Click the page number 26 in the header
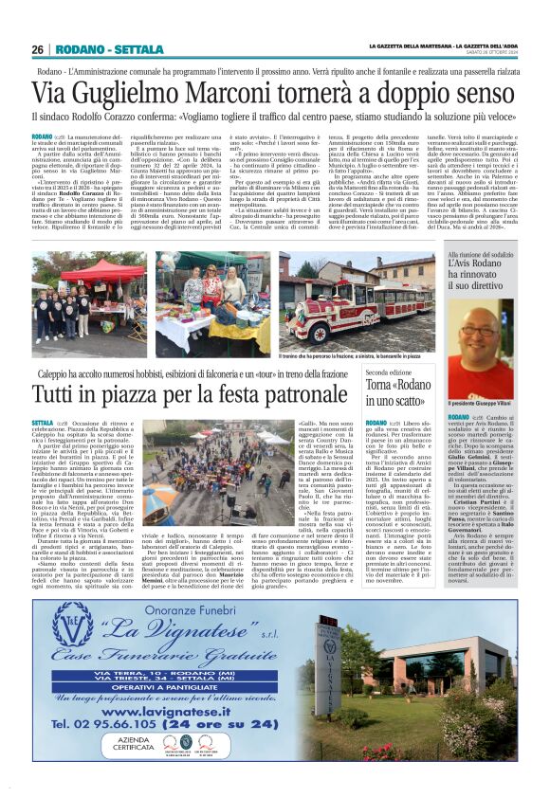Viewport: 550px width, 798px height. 38,49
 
